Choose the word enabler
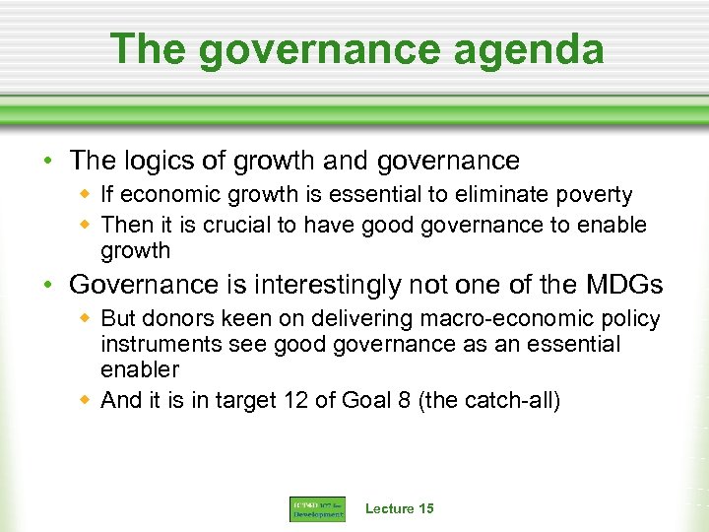[140, 370]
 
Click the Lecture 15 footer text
[399, 508]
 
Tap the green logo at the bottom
[317, 509]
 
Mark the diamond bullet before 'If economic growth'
[87, 195]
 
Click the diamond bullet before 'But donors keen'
[87, 319]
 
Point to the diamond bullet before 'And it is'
[87, 400]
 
